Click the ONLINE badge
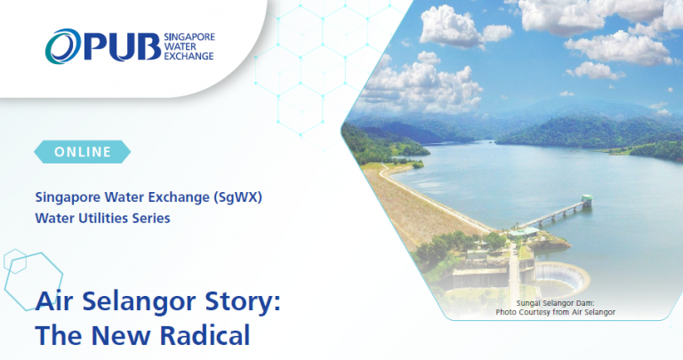pyautogui.click(x=83, y=152)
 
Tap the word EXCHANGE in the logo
pyautogui.click(x=189, y=56)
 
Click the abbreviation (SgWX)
pyautogui.click(x=237, y=197)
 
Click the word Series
pyautogui.click(x=151, y=218)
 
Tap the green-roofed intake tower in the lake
pyautogui.click(x=587, y=200)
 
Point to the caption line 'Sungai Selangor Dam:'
pyautogui.click(x=555, y=303)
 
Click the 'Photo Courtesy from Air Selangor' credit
pyautogui.click(x=555, y=312)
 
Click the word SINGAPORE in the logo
pyautogui.click(x=189, y=37)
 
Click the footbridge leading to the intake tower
pyautogui.click(x=550, y=214)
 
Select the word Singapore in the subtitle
pyautogui.click(x=68, y=197)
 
